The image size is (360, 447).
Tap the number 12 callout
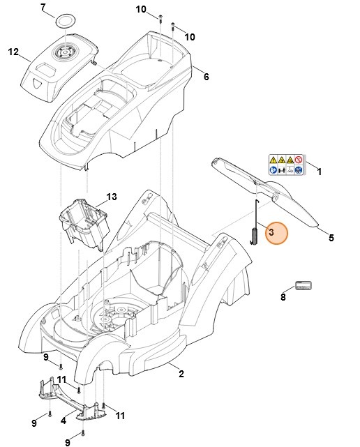[13, 52]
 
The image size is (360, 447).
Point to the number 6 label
[206, 77]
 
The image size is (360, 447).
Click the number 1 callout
[320, 171]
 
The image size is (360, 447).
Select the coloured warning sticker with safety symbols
[286, 165]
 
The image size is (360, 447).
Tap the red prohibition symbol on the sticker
[299, 159]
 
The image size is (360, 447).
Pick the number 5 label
[331, 238]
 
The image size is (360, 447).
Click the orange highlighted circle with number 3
[274, 233]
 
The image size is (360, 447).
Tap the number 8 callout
[283, 297]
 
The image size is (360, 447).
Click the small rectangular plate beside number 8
[302, 285]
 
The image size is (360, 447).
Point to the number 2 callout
[181, 374]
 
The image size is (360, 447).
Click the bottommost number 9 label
[68, 442]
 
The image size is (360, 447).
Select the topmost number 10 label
[141, 9]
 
